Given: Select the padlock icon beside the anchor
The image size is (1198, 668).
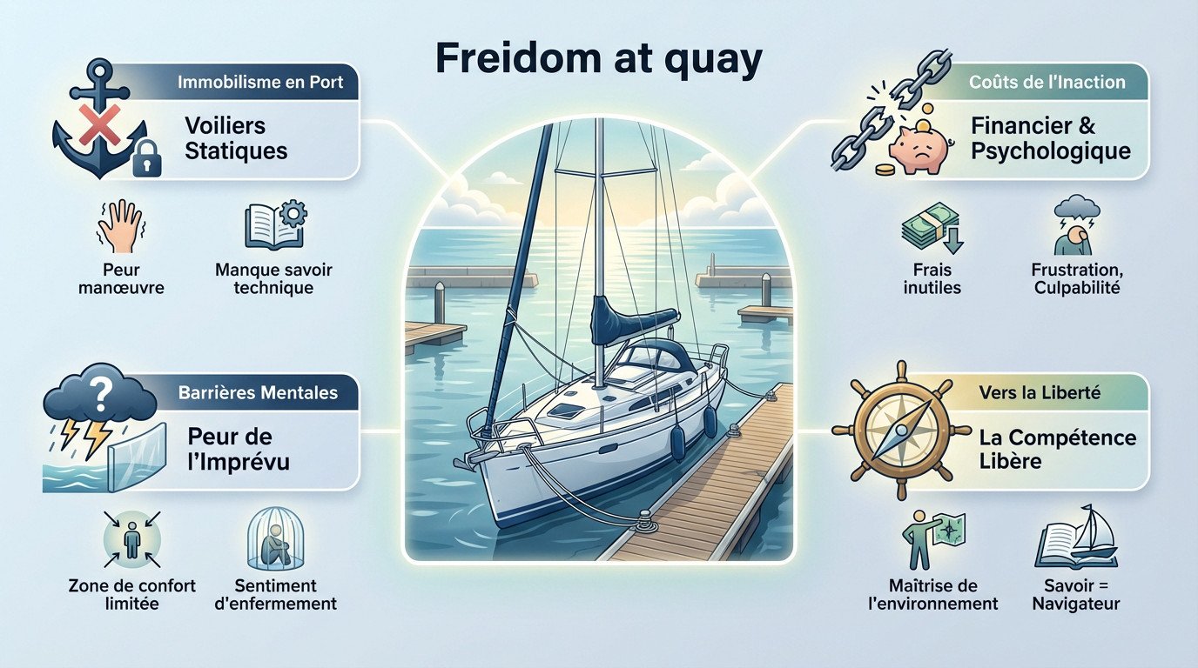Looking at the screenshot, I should (x=146, y=157).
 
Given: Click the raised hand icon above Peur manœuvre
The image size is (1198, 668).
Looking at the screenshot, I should (x=119, y=225).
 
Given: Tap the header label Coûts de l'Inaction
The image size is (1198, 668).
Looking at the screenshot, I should (x=1047, y=83).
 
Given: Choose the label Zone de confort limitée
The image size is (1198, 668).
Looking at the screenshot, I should (x=131, y=594).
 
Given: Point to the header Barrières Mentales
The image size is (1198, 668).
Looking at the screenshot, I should (x=258, y=392).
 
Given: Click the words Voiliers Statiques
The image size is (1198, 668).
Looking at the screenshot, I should (x=236, y=137).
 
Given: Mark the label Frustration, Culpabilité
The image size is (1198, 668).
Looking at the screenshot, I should (x=1076, y=278).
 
